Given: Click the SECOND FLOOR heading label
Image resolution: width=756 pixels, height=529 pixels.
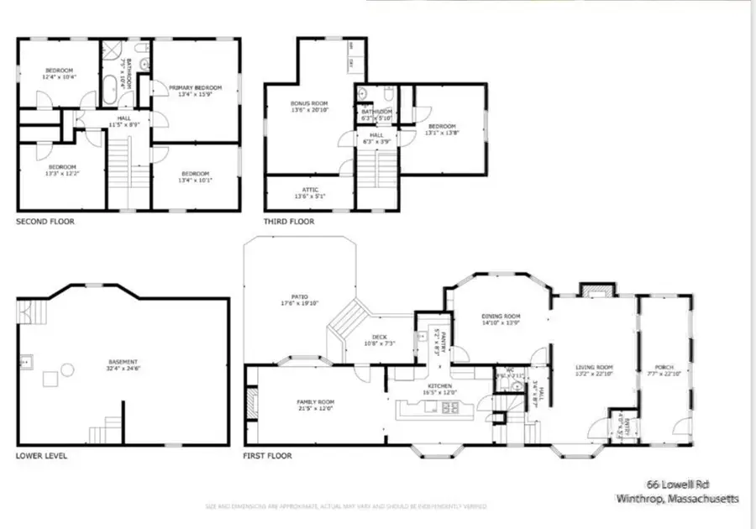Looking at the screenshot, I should point(45,222).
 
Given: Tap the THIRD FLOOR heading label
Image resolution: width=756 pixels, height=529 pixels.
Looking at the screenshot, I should point(289,222).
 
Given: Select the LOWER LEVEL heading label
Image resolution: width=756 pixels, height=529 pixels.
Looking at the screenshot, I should point(42,456).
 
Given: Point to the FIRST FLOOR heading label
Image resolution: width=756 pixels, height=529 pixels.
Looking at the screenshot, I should point(268,456).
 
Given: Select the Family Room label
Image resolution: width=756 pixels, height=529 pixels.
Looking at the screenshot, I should point(315,405).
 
